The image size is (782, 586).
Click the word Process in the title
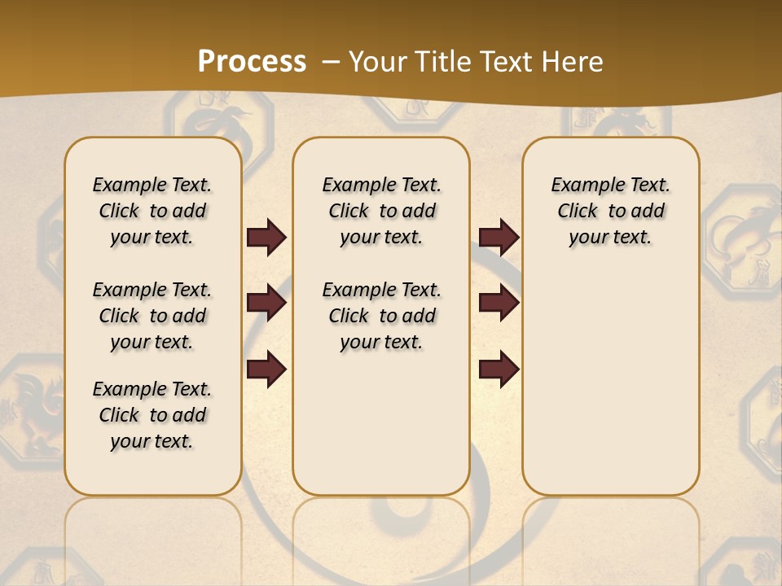(x=252, y=62)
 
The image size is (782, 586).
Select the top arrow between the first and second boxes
(x=266, y=238)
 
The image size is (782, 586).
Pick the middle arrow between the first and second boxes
(x=266, y=304)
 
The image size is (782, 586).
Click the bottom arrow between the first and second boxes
(x=266, y=370)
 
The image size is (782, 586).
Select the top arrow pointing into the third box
(x=499, y=238)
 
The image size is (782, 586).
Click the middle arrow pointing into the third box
(x=499, y=304)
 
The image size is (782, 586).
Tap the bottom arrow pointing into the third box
(x=499, y=370)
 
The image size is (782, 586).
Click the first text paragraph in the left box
(x=152, y=211)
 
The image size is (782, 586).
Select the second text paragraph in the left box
(x=152, y=316)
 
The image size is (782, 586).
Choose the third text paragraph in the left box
(x=152, y=415)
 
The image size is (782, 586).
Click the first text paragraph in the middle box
(x=381, y=211)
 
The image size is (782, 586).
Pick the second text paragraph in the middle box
(x=381, y=316)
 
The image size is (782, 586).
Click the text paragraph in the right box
(x=610, y=211)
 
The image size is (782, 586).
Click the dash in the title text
(x=331, y=62)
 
